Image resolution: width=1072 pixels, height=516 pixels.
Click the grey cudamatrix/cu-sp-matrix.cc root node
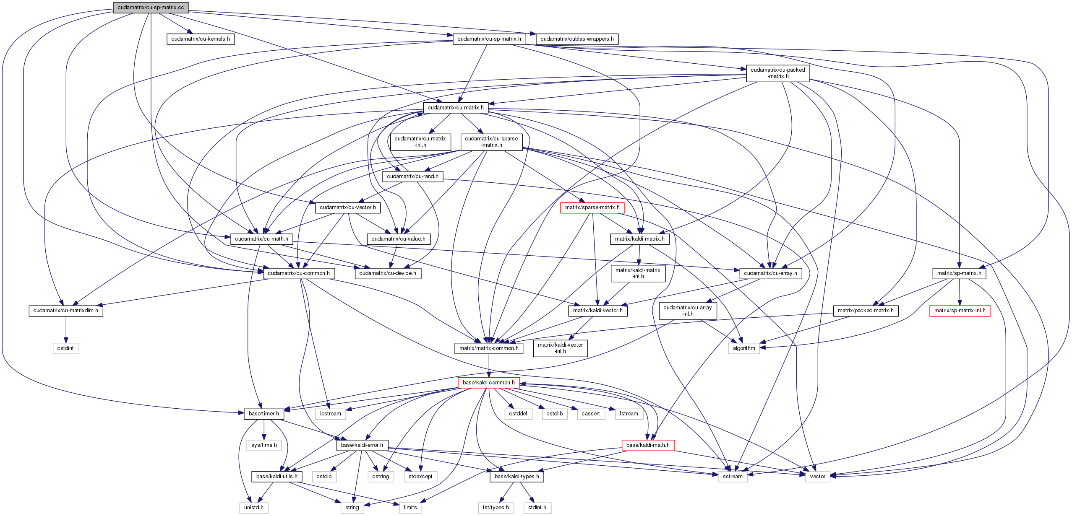tap(151, 8)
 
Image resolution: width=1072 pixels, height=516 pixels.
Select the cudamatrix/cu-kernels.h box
tap(201, 39)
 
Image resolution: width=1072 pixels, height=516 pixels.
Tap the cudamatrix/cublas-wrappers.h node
tap(577, 39)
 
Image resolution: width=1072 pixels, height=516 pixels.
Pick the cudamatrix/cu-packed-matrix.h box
tap(777, 73)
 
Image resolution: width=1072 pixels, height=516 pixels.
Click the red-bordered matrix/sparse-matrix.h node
tap(592, 207)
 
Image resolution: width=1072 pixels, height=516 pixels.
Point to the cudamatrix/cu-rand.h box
tap(412, 176)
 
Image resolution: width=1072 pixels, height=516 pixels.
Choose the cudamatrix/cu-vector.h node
tap(348, 207)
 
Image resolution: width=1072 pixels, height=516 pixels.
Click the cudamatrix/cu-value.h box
tap(398, 239)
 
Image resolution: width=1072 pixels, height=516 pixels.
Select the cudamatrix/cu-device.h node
tap(388, 273)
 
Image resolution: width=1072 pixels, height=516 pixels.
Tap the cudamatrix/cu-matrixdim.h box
tap(65, 311)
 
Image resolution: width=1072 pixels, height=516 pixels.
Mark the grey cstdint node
tap(65, 348)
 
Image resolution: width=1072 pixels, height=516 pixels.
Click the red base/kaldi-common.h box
tap(488, 383)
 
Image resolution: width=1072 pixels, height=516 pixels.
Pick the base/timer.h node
tap(263, 414)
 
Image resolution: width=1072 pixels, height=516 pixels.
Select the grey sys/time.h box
tap(264, 445)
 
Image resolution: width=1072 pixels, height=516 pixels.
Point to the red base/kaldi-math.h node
tap(648, 445)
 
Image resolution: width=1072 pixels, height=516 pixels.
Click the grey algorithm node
tap(743, 348)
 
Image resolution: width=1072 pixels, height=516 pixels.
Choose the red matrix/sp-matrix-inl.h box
tap(960, 311)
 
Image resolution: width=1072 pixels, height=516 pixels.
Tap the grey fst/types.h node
tap(496, 508)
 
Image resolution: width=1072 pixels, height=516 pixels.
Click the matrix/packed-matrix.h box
tap(865, 311)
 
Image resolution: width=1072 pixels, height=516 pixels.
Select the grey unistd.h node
tap(254, 508)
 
